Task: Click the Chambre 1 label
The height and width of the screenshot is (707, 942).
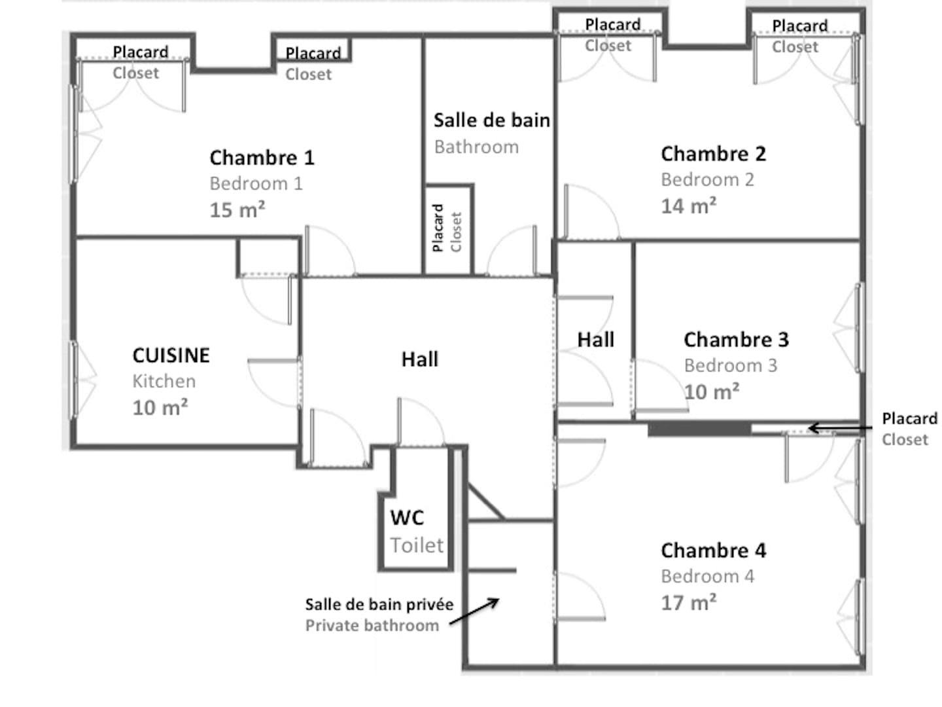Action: tap(262, 158)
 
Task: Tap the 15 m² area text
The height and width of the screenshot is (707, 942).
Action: tap(237, 210)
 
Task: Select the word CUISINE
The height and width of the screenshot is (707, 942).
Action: tap(171, 355)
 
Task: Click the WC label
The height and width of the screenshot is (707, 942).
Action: tap(407, 518)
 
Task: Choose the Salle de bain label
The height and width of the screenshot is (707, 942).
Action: tap(491, 120)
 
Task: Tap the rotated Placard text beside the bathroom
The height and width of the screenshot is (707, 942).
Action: tap(438, 228)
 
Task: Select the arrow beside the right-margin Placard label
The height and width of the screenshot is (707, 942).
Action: tap(840, 428)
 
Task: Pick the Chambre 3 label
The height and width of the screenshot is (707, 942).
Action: tap(736, 340)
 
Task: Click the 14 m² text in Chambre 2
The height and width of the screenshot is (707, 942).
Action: tap(688, 206)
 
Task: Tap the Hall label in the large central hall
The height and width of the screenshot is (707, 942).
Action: tap(420, 359)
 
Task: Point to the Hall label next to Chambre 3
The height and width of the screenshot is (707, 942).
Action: tap(596, 340)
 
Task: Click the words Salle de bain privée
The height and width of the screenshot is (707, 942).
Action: tap(379, 605)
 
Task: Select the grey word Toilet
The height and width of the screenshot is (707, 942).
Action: tap(417, 545)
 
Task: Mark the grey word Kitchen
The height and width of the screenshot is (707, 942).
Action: tap(164, 381)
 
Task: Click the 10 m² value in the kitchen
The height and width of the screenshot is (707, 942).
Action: tap(160, 407)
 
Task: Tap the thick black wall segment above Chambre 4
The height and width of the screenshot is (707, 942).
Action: tap(699, 429)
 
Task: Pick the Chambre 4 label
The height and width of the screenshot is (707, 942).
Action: tap(713, 551)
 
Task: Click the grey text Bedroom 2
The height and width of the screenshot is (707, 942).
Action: tap(707, 180)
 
